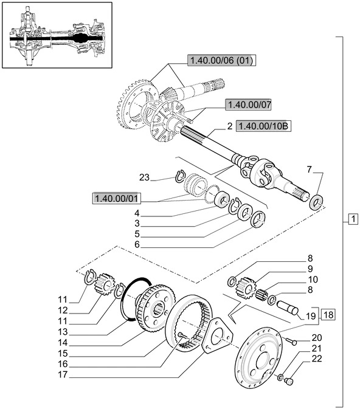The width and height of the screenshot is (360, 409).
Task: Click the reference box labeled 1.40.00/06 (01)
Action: pos(221,60)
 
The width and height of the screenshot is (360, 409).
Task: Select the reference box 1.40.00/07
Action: pos(248,105)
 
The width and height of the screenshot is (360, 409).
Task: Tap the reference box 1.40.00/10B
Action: pos(263,126)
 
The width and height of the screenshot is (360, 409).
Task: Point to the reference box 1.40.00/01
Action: pos(116,198)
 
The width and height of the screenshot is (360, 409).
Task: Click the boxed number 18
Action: pos(328,315)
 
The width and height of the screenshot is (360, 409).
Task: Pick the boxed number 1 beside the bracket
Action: pos(353,219)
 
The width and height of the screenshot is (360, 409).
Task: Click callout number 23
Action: pos(144,177)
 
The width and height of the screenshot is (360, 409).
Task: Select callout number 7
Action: pos(310,170)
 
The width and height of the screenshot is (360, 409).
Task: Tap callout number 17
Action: pos(63,374)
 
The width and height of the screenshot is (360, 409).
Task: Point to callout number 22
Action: pos(317,359)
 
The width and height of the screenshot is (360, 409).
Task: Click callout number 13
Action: pos(63,332)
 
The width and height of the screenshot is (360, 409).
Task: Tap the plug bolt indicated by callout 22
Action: pos(289,381)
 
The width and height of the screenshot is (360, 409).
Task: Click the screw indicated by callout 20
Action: pos(291,341)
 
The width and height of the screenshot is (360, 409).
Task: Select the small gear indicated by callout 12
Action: pos(106,284)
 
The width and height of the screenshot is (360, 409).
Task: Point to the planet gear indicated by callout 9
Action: pos(245,287)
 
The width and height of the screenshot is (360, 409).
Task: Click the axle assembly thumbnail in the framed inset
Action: pos(57,36)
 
